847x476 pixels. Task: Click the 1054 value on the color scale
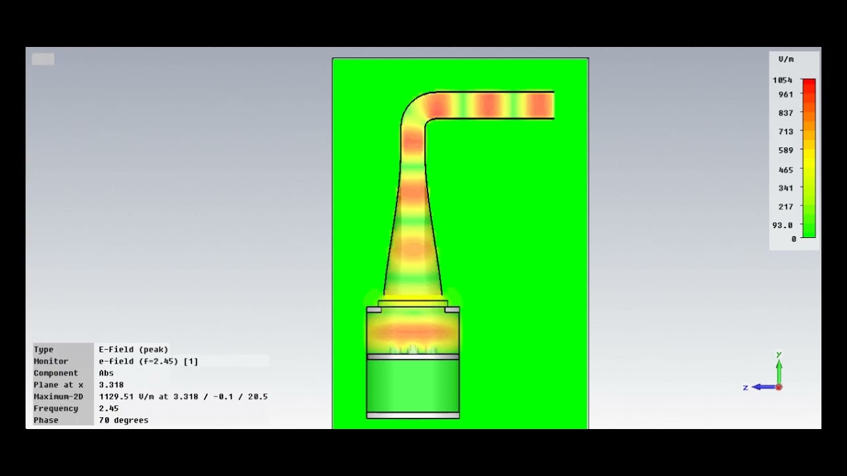(x=782, y=80)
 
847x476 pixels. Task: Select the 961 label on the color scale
(x=785, y=95)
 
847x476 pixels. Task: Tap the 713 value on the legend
(x=785, y=132)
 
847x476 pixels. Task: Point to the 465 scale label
(x=785, y=170)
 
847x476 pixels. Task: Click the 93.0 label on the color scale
(x=782, y=225)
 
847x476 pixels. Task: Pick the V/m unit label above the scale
(x=786, y=59)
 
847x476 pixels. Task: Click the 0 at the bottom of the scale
(x=794, y=239)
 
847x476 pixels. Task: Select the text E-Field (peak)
(x=134, y=350)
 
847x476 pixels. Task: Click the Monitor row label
(x=51, y=362)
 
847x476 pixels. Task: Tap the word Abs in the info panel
(x=106, y=374)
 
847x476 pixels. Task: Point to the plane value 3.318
(x=111, y=385)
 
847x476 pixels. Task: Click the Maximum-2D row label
(x=58, y=397)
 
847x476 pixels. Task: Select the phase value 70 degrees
(x=124, y=420)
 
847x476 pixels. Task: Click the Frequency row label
(x=56, y=409)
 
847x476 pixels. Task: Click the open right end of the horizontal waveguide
(x=551, y=105)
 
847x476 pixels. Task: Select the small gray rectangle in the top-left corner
(x=43, y=59)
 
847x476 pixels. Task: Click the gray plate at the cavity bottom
(x=413, y=415)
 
